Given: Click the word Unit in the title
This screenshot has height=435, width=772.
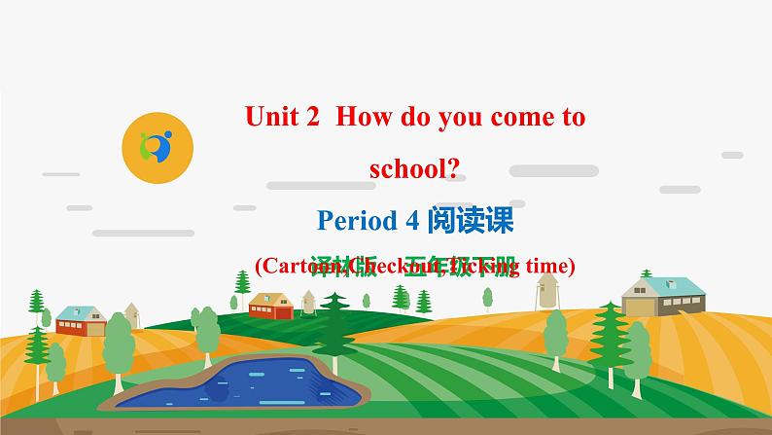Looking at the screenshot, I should click(268, 118).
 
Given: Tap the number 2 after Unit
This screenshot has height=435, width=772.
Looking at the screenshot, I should click(312, 118).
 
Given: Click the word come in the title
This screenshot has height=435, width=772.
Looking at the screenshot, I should click(526, 119).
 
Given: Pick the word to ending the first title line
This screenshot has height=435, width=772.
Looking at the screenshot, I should click(575, 119).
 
